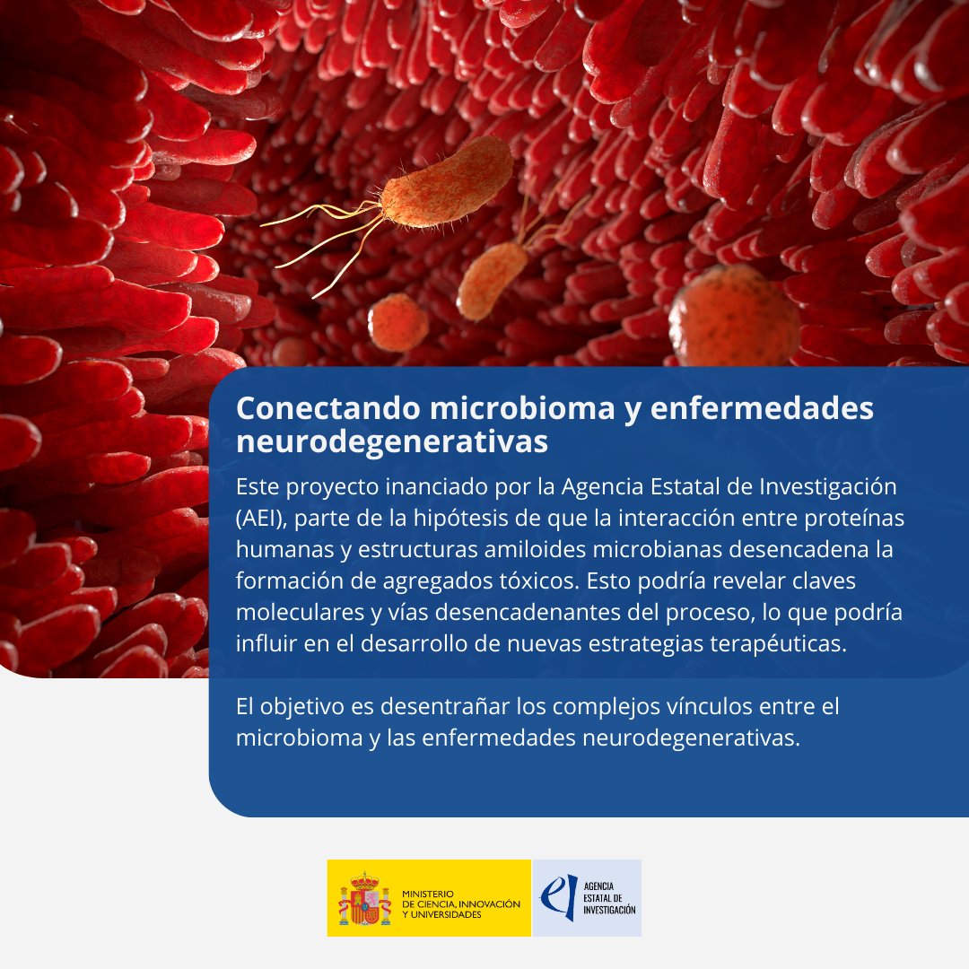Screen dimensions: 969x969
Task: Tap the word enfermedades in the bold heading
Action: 762,408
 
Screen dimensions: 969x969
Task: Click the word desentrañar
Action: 448,706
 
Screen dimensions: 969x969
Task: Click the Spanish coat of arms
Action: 364,899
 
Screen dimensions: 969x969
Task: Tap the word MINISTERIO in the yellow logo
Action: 429,894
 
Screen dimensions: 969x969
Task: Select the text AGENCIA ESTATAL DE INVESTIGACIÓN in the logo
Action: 609,897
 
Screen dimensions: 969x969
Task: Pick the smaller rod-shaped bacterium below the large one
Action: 491,279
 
